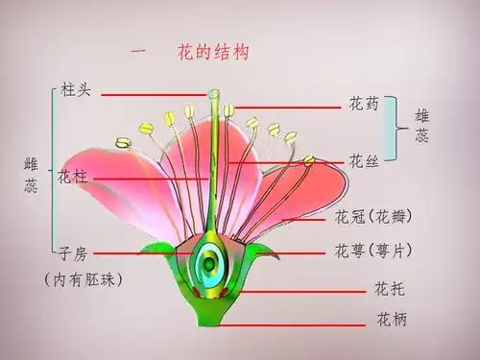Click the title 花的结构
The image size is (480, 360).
click(213, 53)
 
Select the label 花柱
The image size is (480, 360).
click(73, 177)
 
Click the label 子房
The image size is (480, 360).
click(73, 253)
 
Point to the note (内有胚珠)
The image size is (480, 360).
click(83, 280)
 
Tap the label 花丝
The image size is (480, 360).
click(365, 160)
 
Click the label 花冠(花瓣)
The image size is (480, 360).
click(374, 217)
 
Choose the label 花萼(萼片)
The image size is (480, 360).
click(374, 252)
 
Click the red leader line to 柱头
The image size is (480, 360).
click(154, 94)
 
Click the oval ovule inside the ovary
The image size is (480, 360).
click(209, 260)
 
